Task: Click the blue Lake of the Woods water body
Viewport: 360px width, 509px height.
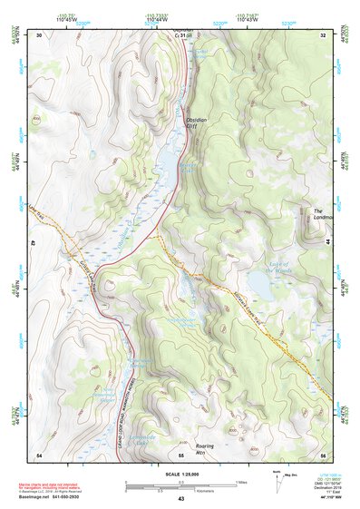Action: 259,287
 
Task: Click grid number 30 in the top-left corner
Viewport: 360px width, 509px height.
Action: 39,35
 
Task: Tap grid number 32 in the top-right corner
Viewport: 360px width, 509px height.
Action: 322,35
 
